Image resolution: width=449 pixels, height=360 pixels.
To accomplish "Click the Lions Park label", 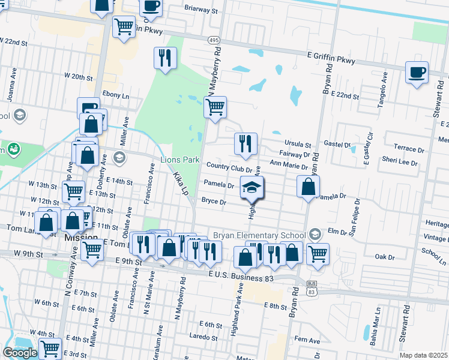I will point(179,160).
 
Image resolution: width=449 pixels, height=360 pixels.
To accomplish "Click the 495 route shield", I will point(214,40).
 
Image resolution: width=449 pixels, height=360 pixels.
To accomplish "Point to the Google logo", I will point(19,353).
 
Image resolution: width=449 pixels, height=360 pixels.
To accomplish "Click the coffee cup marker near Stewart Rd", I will point(417,73).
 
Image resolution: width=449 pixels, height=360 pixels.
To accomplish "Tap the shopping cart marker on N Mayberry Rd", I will point(214,108).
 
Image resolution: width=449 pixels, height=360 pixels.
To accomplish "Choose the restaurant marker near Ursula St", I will point(246,143).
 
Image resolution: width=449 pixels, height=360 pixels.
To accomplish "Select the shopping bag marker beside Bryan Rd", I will point(307,186).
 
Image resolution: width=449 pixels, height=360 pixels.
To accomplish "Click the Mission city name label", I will point(81,238).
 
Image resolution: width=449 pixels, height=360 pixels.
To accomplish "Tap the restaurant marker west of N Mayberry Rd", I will point(164,58).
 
